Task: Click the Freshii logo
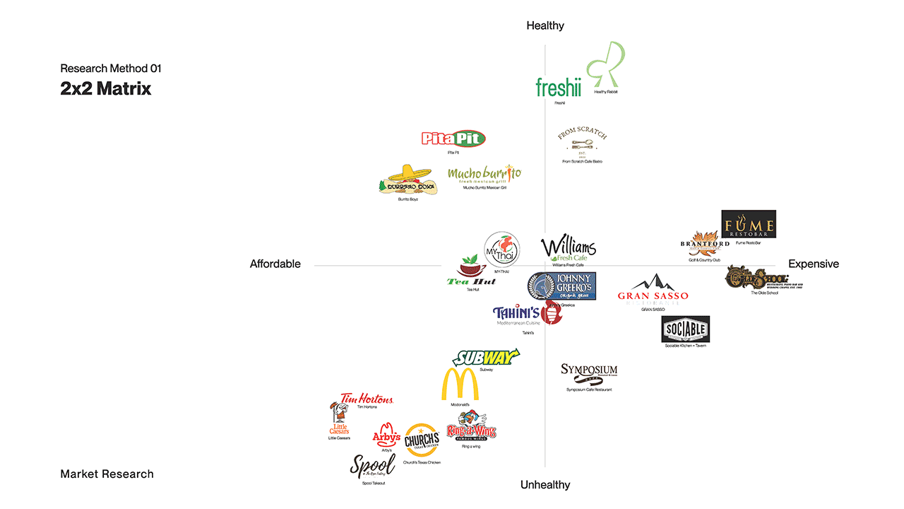pyautogui.click(x=558, y=88)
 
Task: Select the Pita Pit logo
pyautogui.click(x=453, y=139)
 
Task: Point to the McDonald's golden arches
pyautogui.click(x=460, y=385)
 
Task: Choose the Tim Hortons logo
pyautogui.click(x=367, y=399)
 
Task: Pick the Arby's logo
pyautogui.click(x=386, y=434)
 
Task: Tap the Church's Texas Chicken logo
pyautogui.click(x=422, y=441)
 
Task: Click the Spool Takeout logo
pyautogui.click(x=372, y=466)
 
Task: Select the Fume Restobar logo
pyautogui.click(x=749, y=224)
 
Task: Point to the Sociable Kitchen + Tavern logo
pyautogui.click(x=685, y=329)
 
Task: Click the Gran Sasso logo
pyautogui.click(x=653, y=291)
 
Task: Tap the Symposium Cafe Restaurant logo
pyautogui.click(x=589, y=372)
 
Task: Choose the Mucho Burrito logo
pyautogui.click(x=484, y=175)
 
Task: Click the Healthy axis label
pyautogui.click(x=545, y=25)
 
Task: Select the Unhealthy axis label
pyautogui.click(x=545, y=485)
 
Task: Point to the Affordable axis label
pyautogui.click(x=275, y=264)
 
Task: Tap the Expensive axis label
pyautogui.click(x=814, y=264)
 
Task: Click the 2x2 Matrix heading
pyautogui.click(x=106, y=89)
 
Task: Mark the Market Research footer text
pyautogui.click(x=107, y=474)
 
